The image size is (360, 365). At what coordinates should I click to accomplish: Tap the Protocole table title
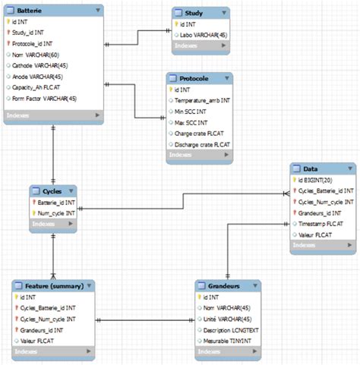click(195, 79)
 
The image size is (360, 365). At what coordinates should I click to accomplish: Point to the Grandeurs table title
click(218, 286)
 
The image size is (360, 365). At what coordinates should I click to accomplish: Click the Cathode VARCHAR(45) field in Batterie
click(38, 65)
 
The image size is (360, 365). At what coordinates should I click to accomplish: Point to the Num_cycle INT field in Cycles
click(58, 213)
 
